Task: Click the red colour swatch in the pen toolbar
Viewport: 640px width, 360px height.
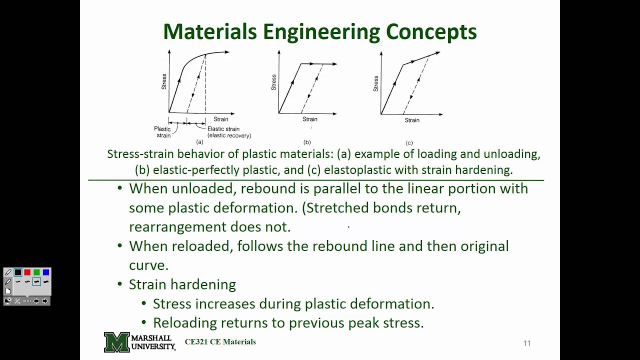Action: point(27,272)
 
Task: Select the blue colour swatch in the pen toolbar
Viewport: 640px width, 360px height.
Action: point(46,272)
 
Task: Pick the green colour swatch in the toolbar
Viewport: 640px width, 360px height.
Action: point(36,272)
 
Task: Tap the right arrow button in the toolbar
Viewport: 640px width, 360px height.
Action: point(45,301)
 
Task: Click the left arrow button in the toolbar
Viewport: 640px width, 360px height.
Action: point(36,301)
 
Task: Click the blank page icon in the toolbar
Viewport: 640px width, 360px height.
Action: point(8,291)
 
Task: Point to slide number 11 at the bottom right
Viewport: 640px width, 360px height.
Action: point(526,343)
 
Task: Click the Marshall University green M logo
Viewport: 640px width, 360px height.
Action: point(116,342)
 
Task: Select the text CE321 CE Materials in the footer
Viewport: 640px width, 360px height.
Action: point(220,342)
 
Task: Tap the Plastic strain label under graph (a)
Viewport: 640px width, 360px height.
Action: point(162,132)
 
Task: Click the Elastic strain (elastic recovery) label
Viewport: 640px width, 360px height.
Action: point(229,132)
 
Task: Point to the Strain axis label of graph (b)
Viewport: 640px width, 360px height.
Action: point(309,119)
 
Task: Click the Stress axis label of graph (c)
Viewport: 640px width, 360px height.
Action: point(375,83)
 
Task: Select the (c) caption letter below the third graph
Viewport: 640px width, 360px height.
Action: point(409,143)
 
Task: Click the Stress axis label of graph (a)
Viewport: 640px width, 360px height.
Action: point(164,81)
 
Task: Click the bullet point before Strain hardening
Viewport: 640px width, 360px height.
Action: point(119,284)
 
